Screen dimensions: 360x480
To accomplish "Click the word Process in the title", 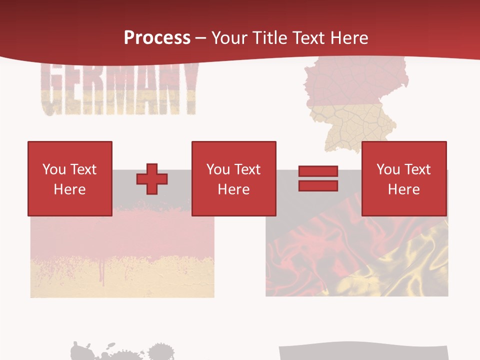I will click(157, 38).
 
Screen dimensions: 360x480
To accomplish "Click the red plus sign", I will click(152, 179).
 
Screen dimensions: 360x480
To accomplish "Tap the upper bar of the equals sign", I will click(318, 171).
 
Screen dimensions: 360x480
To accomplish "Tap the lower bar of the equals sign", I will click(318, 186).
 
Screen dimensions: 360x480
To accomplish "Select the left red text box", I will click(70, 179).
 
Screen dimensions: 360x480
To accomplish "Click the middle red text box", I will click(234, 179).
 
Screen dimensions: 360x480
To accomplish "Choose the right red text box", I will click(404, 179).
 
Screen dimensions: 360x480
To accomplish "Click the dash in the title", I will click(201, 38).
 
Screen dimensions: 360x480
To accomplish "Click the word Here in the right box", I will click(404, 189).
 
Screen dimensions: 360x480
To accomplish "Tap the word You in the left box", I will click(54, 169).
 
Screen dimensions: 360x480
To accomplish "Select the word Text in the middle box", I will click(247, 169).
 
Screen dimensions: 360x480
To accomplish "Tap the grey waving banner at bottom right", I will click(362, 352).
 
